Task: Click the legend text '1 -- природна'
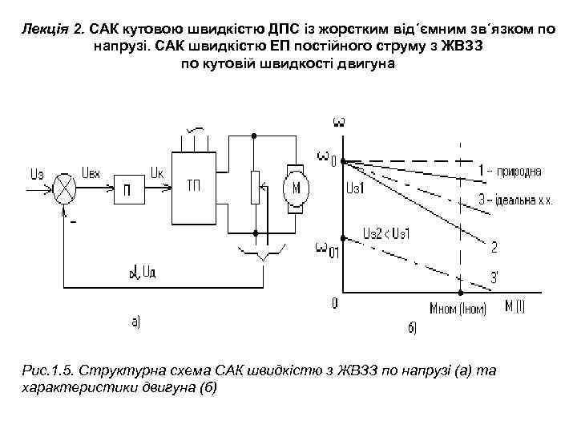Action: coord(514,171)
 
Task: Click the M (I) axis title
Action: coord(513,305)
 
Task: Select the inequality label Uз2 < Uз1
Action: coord(387,233)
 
